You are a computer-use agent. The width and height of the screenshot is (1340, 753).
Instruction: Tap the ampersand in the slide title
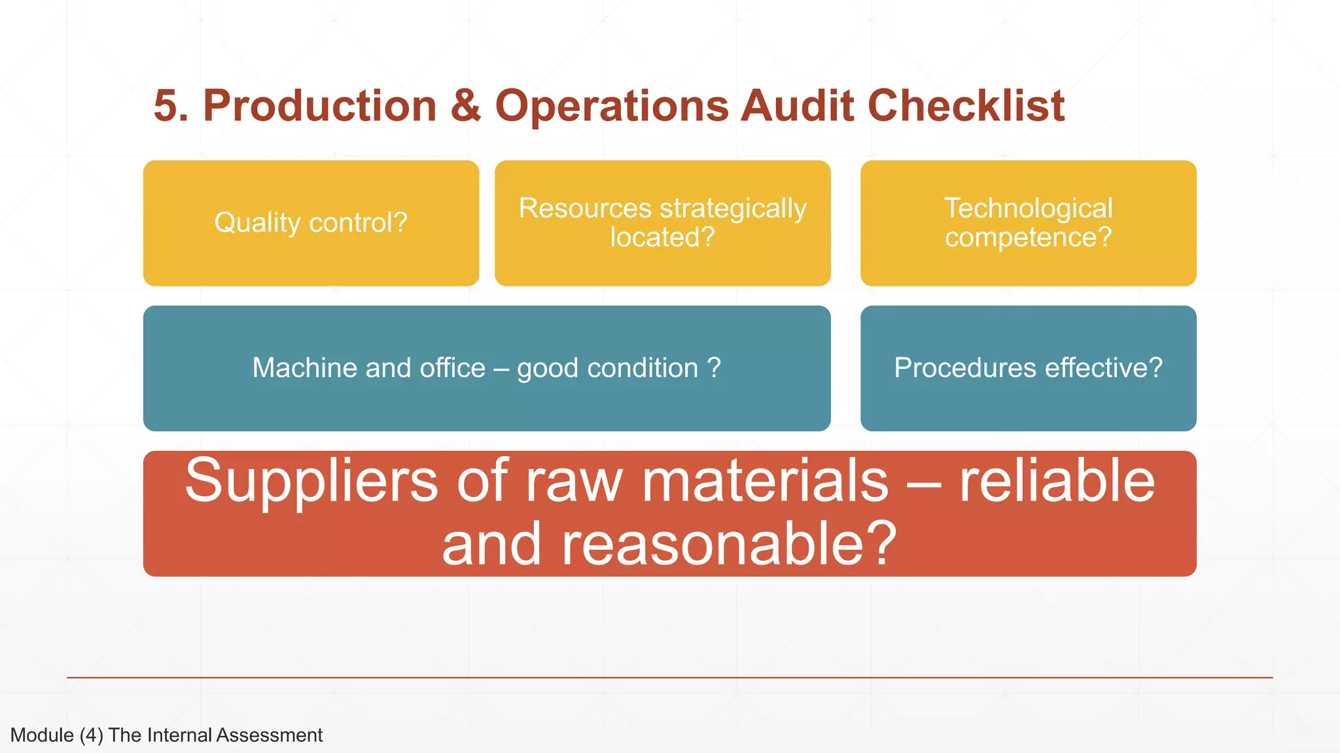coord(465,106)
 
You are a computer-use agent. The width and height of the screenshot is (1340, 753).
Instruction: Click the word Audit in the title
coord(797,106)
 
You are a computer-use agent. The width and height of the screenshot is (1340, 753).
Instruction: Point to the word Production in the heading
coord(319,106)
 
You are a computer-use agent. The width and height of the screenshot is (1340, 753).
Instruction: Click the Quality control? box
coord(311,223)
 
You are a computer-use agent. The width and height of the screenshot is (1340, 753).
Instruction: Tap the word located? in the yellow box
coord(662,237)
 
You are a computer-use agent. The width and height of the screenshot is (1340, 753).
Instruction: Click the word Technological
coord(1028,209)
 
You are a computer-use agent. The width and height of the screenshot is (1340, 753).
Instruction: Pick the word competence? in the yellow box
coord(1028,237)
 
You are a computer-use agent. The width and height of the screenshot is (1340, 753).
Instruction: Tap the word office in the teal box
coord(452,368)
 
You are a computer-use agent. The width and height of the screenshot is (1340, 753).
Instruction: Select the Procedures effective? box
coord(1028,368)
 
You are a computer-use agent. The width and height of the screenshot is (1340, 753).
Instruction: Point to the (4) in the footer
coord(92,735)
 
